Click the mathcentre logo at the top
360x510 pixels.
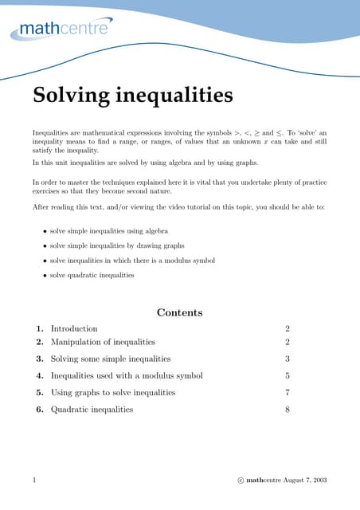(x=61, y=30)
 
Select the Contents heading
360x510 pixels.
(x=179, y=312)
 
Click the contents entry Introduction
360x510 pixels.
(x=74, y=328)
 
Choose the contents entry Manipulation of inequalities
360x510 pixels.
(x=103, y=342)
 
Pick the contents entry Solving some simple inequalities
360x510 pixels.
(x=111, y=359)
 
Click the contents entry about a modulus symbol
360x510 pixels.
(x=127, y=375)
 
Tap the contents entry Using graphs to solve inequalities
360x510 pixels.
(x=113, y=392)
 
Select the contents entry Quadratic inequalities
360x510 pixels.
(x=92, y=410)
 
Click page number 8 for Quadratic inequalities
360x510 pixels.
(x=287, y=410)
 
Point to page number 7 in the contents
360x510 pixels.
(x=287, y=392)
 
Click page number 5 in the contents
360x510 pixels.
(x=287, y=375)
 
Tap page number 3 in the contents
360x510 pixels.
(x=287, y=359)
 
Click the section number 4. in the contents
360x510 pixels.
(x=39, y=375)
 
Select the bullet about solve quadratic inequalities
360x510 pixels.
(x=92, y=275)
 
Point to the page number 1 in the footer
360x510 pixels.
(x=34, y=481)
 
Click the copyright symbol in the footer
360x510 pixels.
(x=241, y=481)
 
